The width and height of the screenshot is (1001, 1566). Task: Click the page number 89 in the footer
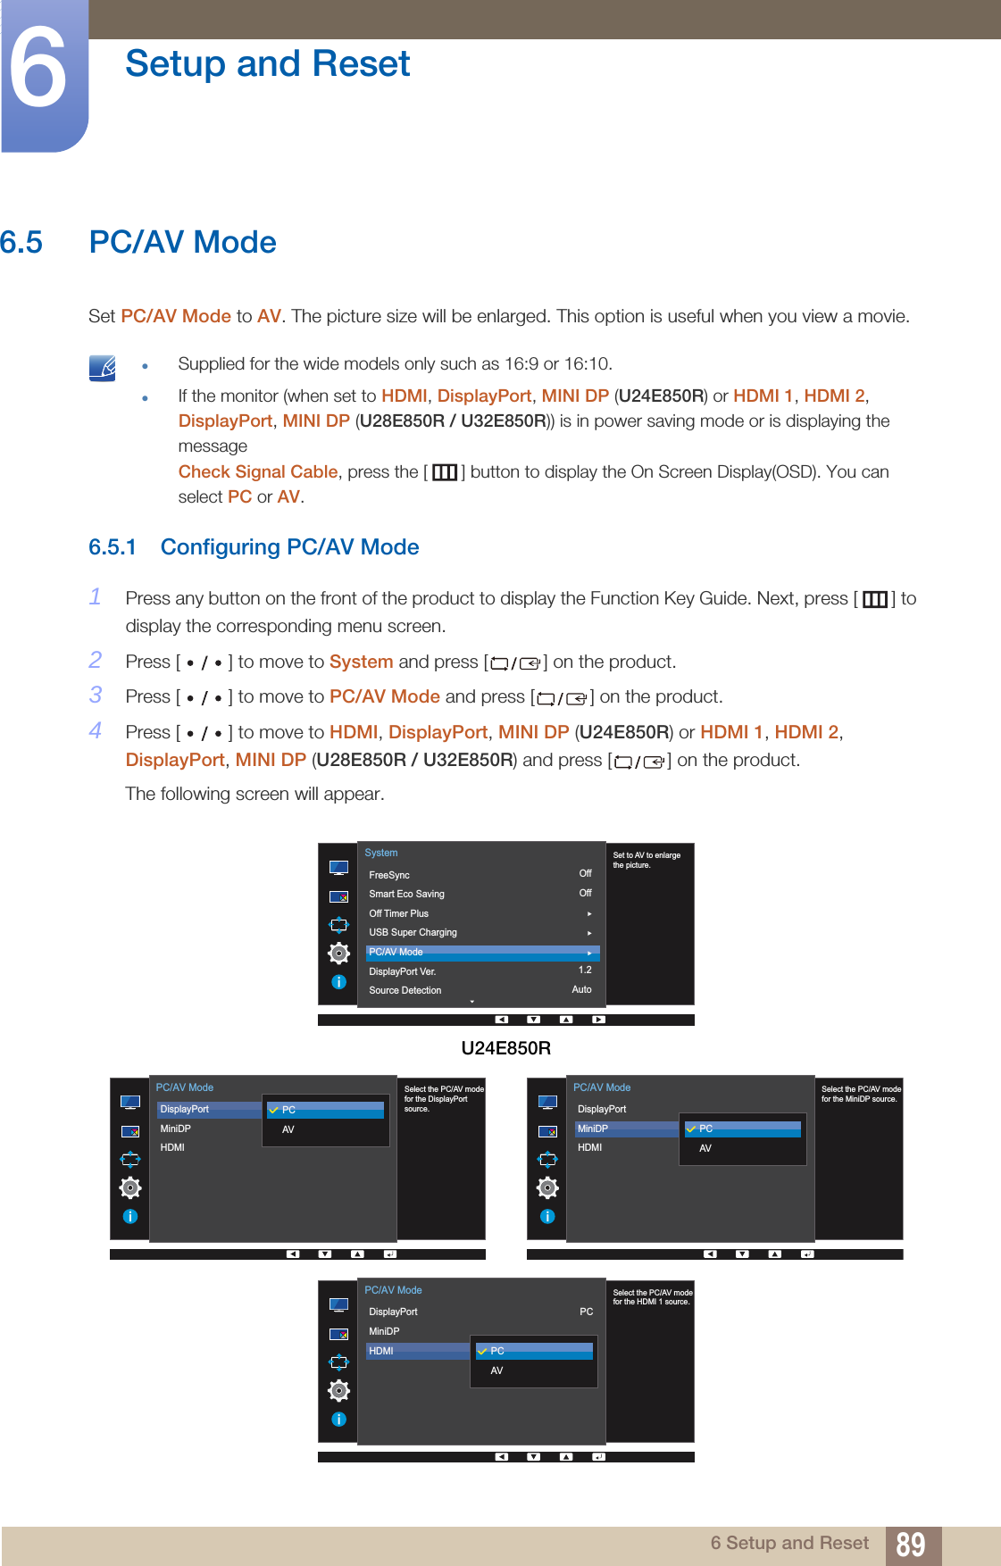coord(910,1545)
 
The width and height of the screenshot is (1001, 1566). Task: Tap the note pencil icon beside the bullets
coord(103,367)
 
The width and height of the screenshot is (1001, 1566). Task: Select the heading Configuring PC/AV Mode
coord(289,547)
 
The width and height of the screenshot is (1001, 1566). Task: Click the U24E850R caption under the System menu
coord(505,1048)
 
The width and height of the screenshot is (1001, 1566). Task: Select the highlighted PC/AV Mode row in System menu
coord(480,952)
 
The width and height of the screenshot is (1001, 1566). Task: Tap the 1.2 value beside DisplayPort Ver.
coord(585,970)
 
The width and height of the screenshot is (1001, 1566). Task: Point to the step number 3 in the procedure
coord(96,695)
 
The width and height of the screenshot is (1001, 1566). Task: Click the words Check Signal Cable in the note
coord(257,471)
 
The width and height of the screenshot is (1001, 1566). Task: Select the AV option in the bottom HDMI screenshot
coord(497,1370)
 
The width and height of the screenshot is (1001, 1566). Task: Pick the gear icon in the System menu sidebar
coord(338,953)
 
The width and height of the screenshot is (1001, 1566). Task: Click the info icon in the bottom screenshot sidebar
coord(338,1419)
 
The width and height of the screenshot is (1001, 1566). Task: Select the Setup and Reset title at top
coord(267,64)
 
